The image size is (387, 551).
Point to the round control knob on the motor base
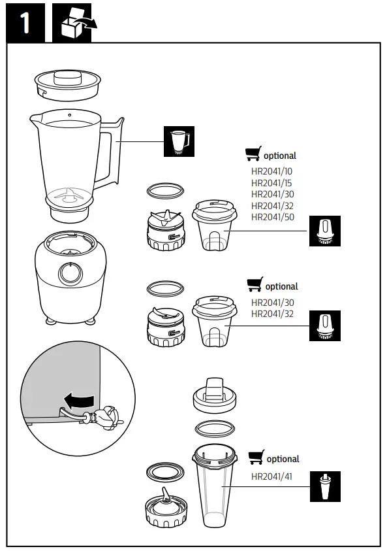coord(67,273)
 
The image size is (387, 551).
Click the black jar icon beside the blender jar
coord(178,141)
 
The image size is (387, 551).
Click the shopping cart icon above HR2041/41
coord(256,457)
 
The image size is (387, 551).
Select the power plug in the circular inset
coord(104,416)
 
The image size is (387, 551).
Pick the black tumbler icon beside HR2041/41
coord(324,487)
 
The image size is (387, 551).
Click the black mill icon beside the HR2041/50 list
coord(324,230)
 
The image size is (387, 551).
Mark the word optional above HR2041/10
coord(280,156)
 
